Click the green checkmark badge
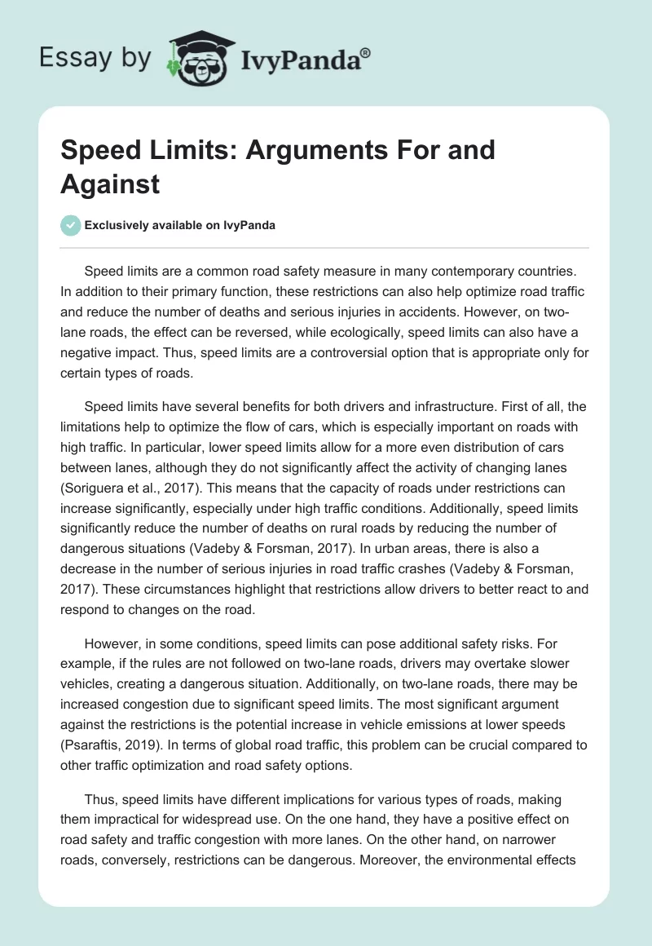70,225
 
